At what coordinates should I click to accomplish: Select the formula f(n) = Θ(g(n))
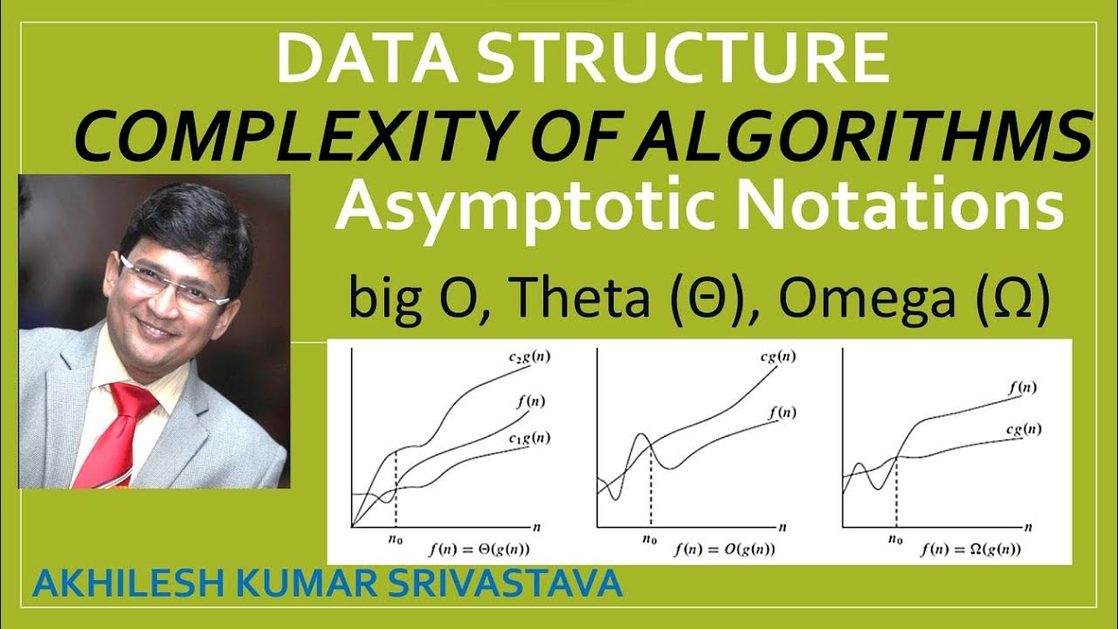[x=480, y=550]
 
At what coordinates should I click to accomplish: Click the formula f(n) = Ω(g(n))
[x=969, y=550]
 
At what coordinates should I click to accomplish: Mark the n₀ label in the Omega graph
[x=895, y=540]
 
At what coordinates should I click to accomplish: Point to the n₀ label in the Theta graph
[x=396, y=540]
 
